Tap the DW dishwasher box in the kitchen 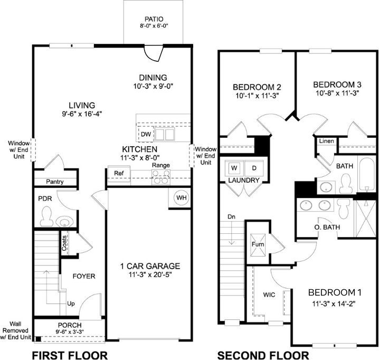[x=146, y=135]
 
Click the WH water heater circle [x=182, y=197]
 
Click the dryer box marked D [x=253, y=168]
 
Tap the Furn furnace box [x=258, y=244]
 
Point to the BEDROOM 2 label [x=256, y=87]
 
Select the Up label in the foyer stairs [x=71, y=304]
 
